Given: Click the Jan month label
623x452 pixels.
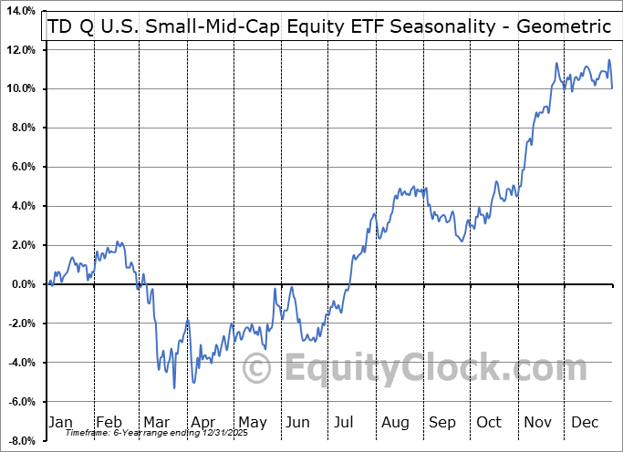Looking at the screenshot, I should [x=59, y=422].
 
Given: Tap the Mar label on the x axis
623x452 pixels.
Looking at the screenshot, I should [x=155, y=422].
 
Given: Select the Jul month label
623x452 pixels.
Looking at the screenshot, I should [x=344, y=422].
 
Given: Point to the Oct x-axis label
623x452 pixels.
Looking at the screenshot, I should [x=488, y=422].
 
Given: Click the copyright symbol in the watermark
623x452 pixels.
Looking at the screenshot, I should [x=257, y=368].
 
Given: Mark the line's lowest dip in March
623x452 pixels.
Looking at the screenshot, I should [x=174, y=388].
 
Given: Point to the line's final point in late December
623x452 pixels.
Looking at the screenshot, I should [x=611, y=87].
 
